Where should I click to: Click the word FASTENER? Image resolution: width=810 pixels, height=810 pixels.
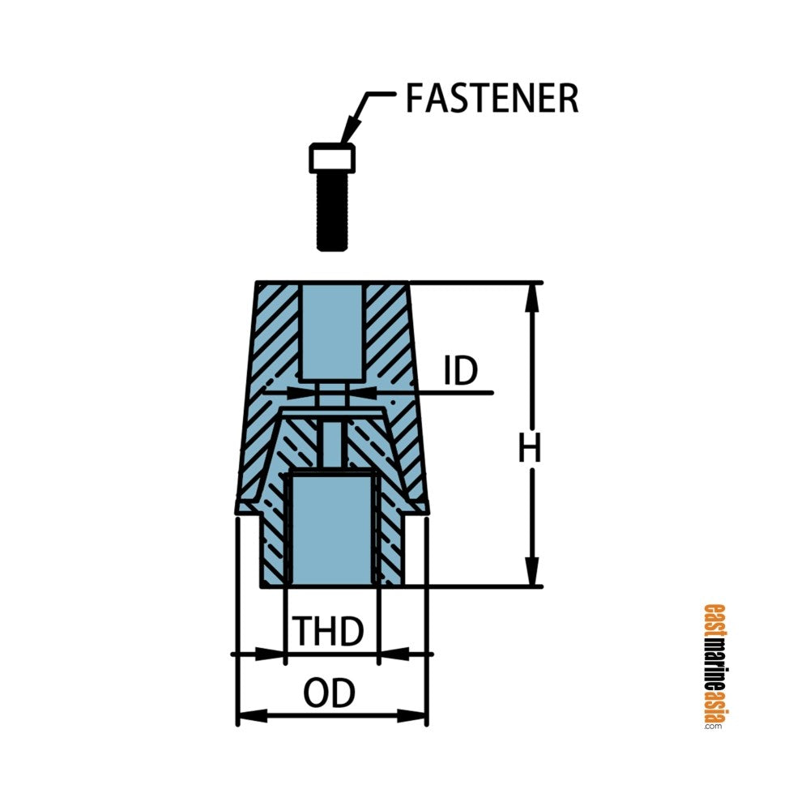[492, 98]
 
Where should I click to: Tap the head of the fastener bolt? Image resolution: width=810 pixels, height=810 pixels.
[332, 158]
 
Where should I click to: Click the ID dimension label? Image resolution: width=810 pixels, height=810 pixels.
[461, 371]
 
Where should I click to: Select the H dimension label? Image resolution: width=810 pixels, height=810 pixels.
[530, 450]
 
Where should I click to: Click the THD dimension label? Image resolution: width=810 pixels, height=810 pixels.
[327, 631]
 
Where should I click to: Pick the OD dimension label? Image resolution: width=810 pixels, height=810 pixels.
[330, 694]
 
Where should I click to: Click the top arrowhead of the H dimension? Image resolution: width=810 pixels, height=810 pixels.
[531, 296]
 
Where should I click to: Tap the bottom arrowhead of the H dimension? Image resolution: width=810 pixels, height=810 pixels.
[531, 572]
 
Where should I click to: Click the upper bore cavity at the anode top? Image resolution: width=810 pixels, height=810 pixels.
[330, 332]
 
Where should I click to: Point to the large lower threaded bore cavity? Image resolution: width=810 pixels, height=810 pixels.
[330, 526]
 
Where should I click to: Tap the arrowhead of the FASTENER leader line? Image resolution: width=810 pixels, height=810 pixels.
[350, 134]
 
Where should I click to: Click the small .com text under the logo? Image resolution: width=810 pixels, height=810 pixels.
[713, 727]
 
